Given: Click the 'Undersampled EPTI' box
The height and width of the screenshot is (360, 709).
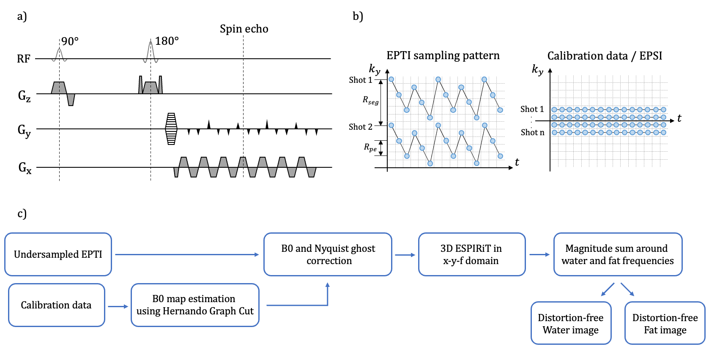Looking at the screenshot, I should coord(58,254).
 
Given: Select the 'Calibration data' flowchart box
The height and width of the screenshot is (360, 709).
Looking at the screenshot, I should coord(56,305).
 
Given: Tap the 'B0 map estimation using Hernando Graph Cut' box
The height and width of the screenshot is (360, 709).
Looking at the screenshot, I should coord(195,305).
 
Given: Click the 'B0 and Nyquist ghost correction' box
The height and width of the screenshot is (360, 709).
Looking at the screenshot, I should coord(328,254).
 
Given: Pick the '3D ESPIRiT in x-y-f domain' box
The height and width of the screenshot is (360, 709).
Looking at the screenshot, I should coord(471,254).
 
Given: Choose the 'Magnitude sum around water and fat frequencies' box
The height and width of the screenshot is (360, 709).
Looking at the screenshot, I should coord(617,254).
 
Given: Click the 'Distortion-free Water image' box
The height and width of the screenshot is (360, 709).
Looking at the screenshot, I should coord(571,323).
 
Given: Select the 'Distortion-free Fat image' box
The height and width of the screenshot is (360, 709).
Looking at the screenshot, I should coord(665,323).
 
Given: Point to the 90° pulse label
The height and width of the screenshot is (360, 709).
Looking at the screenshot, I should coord(70,41).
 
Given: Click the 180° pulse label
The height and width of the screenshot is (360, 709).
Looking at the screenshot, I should coord(167,41).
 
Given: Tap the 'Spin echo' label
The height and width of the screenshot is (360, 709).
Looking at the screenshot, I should coord(244,29).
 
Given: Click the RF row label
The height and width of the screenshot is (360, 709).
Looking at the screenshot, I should coord(24,59).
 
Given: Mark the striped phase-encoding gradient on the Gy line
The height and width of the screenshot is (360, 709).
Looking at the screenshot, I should coord(171,129).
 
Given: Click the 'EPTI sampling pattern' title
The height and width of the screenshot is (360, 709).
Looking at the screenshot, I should coord(443,55).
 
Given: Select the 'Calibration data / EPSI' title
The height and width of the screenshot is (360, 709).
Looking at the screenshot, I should coord(605,56).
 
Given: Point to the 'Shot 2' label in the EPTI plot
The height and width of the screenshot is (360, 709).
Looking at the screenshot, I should coord(360,127).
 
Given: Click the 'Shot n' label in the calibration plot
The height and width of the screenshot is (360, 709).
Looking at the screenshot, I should coord(532,132).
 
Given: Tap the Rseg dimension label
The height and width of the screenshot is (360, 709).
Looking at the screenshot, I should coord(370,100).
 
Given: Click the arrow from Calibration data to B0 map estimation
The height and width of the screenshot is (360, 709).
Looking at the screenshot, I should coord(118,306).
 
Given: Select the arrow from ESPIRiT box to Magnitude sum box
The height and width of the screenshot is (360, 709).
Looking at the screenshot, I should coord(539,254).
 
